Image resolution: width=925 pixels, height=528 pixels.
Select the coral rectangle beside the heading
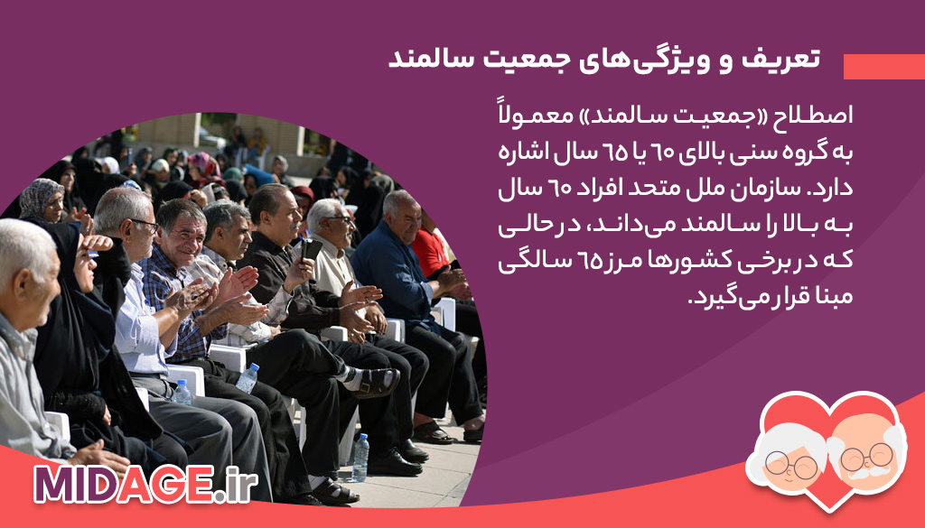pyautogui.click(x=883, y=67)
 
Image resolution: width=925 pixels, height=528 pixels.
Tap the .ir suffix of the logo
pyautogui.click(x=236, y=485)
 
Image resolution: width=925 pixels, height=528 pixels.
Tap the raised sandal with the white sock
pyautogui.click(x=374, y=383)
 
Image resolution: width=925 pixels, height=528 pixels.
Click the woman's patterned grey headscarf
pyautogui.click(x=38, y=198)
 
